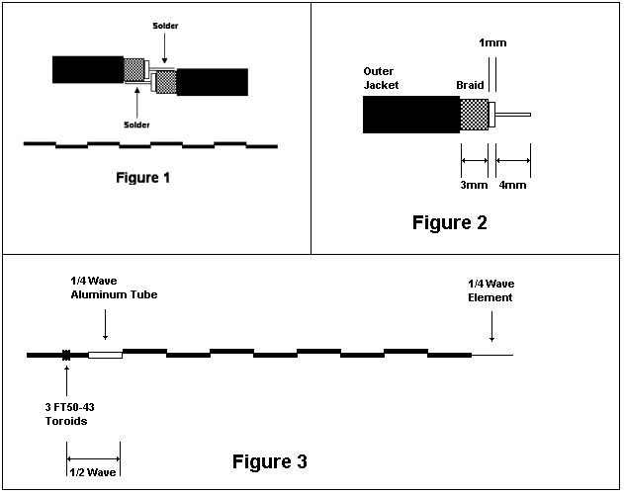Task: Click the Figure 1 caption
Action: pyautogui.click(x=142, y=177)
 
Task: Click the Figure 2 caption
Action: pyautogui.click(x=450, y=222)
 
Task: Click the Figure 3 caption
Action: pyautogui.click(x=270, y=461)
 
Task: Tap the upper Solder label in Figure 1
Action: pyautogui.click(x=165, y=26)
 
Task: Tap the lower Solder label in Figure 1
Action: pyautogui.click(x=136, y=124)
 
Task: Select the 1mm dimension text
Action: pyautogui.click(x=492, y=42)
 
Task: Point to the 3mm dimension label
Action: pyautogui.click(x=474, y=185)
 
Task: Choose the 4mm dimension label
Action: pyautogui.click(x=512, y=185)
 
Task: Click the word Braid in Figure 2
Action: pyautogui.click(x=470, y=85)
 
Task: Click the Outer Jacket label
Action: pyautogui.click(x=381, y=78)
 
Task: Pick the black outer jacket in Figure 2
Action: pyautogui.click(x=411, y=115)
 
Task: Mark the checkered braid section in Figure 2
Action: pyautogui.click(x=475, y=115)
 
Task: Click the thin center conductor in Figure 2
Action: pyautogui.click(x=513, y=115)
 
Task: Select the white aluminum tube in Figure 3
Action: pyautogui.click(x=105, y=355)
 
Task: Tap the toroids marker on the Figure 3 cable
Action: pyautogui.click(x=66, y=355)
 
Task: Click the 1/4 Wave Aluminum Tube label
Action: pyautogui.click(x=114, y=288)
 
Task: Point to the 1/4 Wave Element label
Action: pyautogui.click(x=491, y=290)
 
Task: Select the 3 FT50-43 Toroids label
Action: pyautogui.click(x=69, y=414)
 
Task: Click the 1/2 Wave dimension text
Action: pyautogui.click(x=93, y=472)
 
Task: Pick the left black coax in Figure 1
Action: pyautogui.click(x=88, y=69)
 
